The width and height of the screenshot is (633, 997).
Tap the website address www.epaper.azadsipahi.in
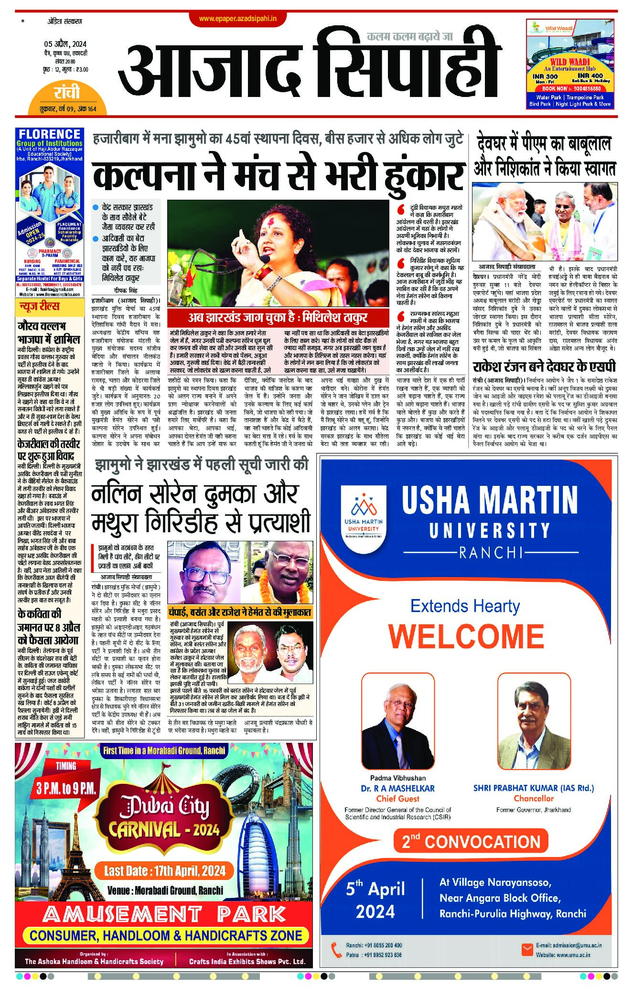(x=237, y=19)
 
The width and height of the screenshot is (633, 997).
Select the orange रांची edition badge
(x=67, y=93)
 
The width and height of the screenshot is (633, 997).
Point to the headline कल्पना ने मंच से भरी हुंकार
(x=279, y=175)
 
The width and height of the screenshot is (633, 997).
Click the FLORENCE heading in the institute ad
(x=50, y=134)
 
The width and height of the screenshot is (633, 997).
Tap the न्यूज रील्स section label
(x=39, y=306)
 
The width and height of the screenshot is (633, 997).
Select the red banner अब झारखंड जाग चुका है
(x=277, y=318)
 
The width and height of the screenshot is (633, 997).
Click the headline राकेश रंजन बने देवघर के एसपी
(x=544, y=367)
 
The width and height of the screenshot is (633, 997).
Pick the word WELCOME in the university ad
(x=466, y=636)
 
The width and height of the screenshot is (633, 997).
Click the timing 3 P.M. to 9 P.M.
(x=66, y=788)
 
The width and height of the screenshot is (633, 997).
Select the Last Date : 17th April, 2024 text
(x=165, y=870)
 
